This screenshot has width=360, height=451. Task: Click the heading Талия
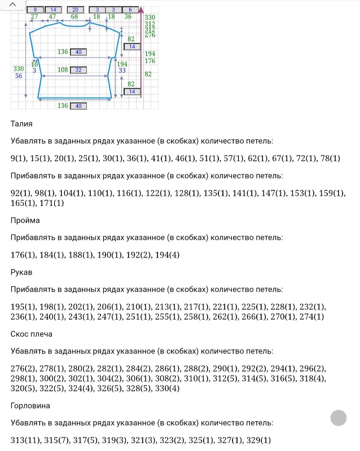(21, 123)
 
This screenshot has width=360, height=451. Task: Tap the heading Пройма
(25, 220)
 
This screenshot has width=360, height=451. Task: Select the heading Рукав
(21, 272)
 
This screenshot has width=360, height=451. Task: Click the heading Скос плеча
(32, 334)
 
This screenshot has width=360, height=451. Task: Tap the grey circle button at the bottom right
(338, 418)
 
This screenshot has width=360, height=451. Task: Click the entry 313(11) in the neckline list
(24, 440)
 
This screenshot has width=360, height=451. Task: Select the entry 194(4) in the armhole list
(167, 255)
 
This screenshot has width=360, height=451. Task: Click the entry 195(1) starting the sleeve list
(23, 307)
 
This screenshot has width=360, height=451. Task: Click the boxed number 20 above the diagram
(75, 10)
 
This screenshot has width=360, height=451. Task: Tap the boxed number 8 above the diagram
(35, 10)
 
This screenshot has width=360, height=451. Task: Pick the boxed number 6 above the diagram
(130, 10)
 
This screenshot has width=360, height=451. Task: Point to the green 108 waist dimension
(63, 70)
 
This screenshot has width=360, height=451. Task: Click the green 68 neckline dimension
(74, 17)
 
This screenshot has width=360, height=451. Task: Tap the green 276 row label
(150, 35)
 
